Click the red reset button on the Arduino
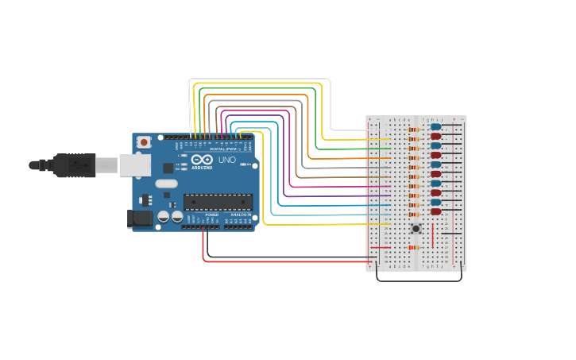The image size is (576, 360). [144, 141]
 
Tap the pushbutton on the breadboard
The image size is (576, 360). [416, 229]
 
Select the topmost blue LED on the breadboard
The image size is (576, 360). [435, 127]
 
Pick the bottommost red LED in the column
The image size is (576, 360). [435, 211]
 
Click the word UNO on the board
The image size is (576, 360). [227, 160]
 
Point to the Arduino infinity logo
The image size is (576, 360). [202, 160]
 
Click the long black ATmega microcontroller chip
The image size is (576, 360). [218, 202]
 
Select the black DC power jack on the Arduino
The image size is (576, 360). [141, 219]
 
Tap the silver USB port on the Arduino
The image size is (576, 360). [134, 165]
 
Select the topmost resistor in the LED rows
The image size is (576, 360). [412, 129]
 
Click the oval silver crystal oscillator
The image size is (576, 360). [166, 184]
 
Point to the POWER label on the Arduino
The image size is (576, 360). [211, 215]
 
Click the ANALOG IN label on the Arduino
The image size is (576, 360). [240, 215]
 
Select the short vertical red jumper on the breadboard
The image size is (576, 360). [433, 235]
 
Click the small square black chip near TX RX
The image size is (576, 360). [168, 168]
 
